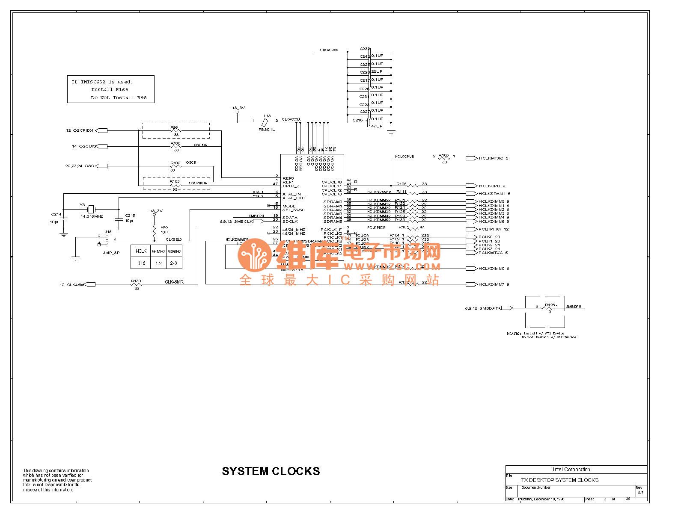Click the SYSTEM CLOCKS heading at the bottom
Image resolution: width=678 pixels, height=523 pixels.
click(271, 471)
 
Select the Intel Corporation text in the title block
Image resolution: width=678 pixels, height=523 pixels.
click(571, 470)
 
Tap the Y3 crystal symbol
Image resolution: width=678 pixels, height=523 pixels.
click(91, 209)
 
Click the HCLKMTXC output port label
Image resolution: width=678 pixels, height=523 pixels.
click(491, 158)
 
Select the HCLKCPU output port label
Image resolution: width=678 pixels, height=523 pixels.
click(489, 186)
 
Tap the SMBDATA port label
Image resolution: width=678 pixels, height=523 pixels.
click(490, 308)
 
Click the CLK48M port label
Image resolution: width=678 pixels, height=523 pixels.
click(75, 284)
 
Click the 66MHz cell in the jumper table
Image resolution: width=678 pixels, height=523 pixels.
click(158, 251)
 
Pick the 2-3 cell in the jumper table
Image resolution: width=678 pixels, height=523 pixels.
click(173, 263)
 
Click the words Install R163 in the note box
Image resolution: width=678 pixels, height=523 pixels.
click(110, 90)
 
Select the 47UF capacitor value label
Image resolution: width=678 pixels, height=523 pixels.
click(377, 126)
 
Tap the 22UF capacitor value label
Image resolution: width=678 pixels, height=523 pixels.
click(377, 71)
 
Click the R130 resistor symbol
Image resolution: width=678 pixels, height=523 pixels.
click(136, 284)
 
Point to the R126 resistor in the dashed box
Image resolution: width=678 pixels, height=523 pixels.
click(550, 308)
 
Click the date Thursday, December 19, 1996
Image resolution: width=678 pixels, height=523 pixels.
click(541, 499)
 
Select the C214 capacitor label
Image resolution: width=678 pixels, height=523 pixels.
click(56, 214)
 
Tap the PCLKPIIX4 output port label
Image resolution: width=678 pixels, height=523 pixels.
click(490, 229)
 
